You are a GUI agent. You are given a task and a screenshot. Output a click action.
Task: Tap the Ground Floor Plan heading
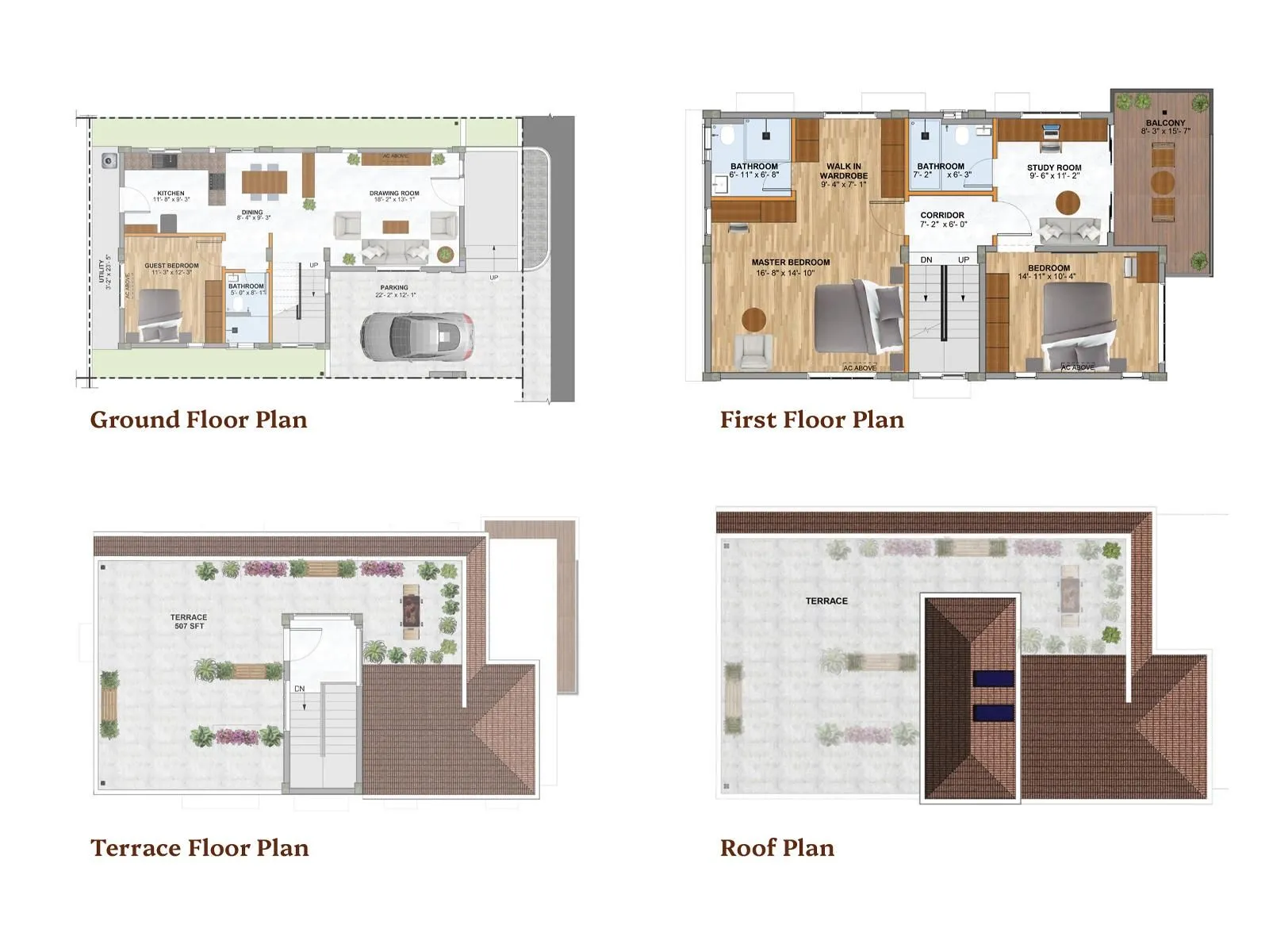click(x=198, y=420)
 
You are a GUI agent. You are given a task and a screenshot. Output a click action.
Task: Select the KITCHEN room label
click(x=171, y=194)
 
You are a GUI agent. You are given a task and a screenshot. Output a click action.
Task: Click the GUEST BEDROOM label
click(x=171, y=266)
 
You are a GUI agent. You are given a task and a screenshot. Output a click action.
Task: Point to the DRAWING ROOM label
click(x=394, y=194)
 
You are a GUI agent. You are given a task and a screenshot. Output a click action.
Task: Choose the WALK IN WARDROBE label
click(x=843, y=171)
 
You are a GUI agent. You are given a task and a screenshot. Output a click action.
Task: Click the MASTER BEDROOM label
click(x=791, y=263)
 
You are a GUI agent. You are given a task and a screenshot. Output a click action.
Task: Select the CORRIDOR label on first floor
click(x=942, y=215)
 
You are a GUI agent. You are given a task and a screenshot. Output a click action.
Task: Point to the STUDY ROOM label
click(x=1054, y=167)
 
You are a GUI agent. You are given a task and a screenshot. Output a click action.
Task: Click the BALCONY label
click(x=1165, y=123)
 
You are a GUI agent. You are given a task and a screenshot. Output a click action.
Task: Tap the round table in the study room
click(x=1068, y=202)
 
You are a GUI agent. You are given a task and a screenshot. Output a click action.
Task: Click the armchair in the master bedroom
click(x=753, y=351)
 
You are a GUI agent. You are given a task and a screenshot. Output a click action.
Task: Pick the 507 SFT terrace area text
click(x=189, y=626)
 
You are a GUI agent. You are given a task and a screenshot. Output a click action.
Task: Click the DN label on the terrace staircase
click(x=300, y=689)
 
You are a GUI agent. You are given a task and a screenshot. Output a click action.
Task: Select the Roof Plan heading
click(x=776, y=848)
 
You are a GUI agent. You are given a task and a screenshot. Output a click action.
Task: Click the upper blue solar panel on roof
click(x=993, y=679)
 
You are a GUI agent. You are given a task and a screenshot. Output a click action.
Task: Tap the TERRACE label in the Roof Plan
click(x=826, y=601)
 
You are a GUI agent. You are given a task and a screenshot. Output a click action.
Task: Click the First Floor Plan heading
click(x=811, y=420)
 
